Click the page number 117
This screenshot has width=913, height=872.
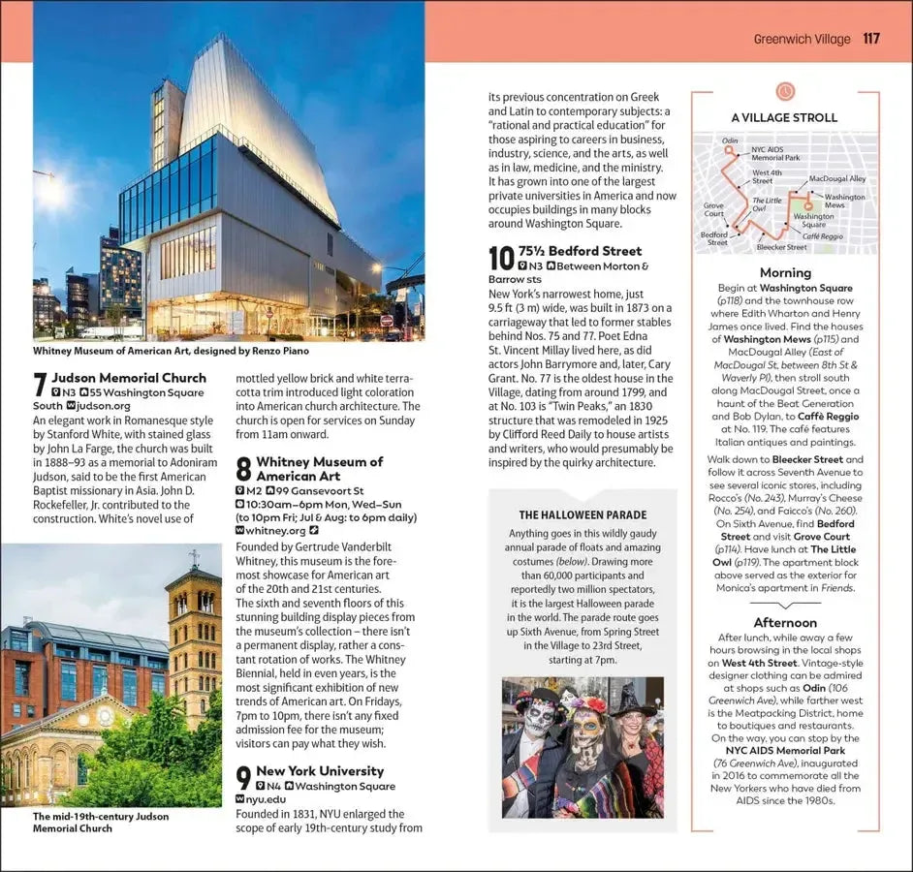point(870,39)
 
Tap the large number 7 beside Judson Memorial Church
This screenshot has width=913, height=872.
point(40,385)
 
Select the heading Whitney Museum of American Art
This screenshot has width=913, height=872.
point(319,469)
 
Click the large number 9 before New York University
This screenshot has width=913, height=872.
point(244,778)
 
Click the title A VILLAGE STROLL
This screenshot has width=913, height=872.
point(784,117)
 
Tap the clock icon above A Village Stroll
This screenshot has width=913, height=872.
point(785,91)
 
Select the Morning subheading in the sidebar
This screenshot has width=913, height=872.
point(785,273)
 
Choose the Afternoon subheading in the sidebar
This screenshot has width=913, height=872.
point(785,622)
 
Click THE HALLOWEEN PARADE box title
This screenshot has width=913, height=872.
point(582,515)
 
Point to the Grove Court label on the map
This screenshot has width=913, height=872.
point(714,209)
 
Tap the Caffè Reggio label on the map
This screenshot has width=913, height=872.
point(822,236)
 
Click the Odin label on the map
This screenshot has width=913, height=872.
point(730,140)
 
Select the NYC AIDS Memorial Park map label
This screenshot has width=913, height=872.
point(775,153)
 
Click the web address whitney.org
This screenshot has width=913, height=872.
point(275,531)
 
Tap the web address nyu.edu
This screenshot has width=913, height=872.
point(268,799)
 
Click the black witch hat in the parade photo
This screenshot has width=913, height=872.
point(632,700)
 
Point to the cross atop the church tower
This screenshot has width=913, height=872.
point(194,557)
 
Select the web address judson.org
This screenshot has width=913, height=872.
point(102,406)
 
